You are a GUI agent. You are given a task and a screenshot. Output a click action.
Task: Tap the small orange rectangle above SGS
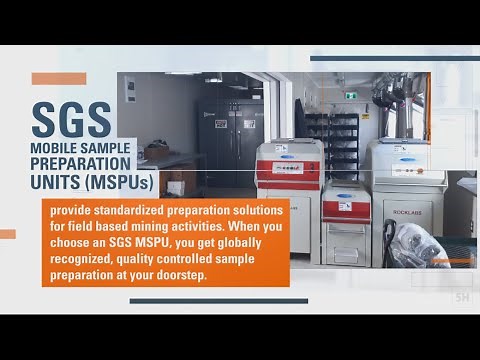click(58, 78)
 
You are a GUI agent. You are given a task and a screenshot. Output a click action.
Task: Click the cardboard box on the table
click(156, 150)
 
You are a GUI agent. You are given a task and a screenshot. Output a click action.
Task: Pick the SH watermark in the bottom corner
click(462, 297)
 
